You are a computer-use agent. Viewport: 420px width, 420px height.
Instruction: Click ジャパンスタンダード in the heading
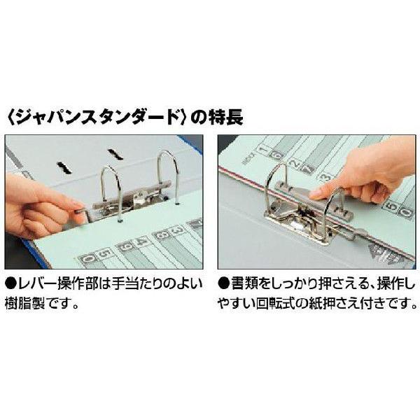(x=99, y=115)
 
